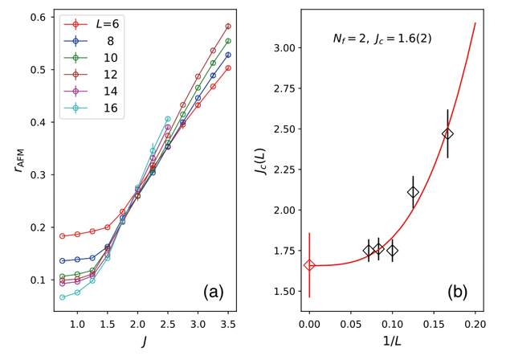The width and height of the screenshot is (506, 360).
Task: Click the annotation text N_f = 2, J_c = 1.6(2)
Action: point(382,38)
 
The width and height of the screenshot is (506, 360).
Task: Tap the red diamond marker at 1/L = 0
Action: point(309,265)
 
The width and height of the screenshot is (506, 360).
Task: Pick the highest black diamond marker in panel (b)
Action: point(448,133)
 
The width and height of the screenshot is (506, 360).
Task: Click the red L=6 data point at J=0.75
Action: point(63,236)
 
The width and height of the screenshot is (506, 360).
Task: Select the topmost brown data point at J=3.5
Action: point(228,27)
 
